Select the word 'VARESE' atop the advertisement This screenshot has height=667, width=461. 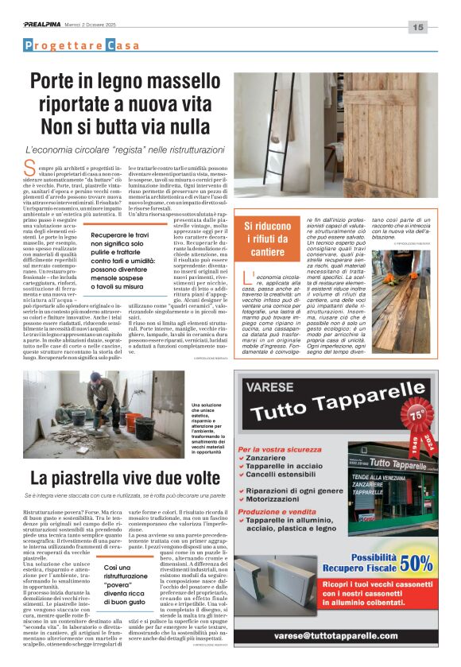tap(273, 389)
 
